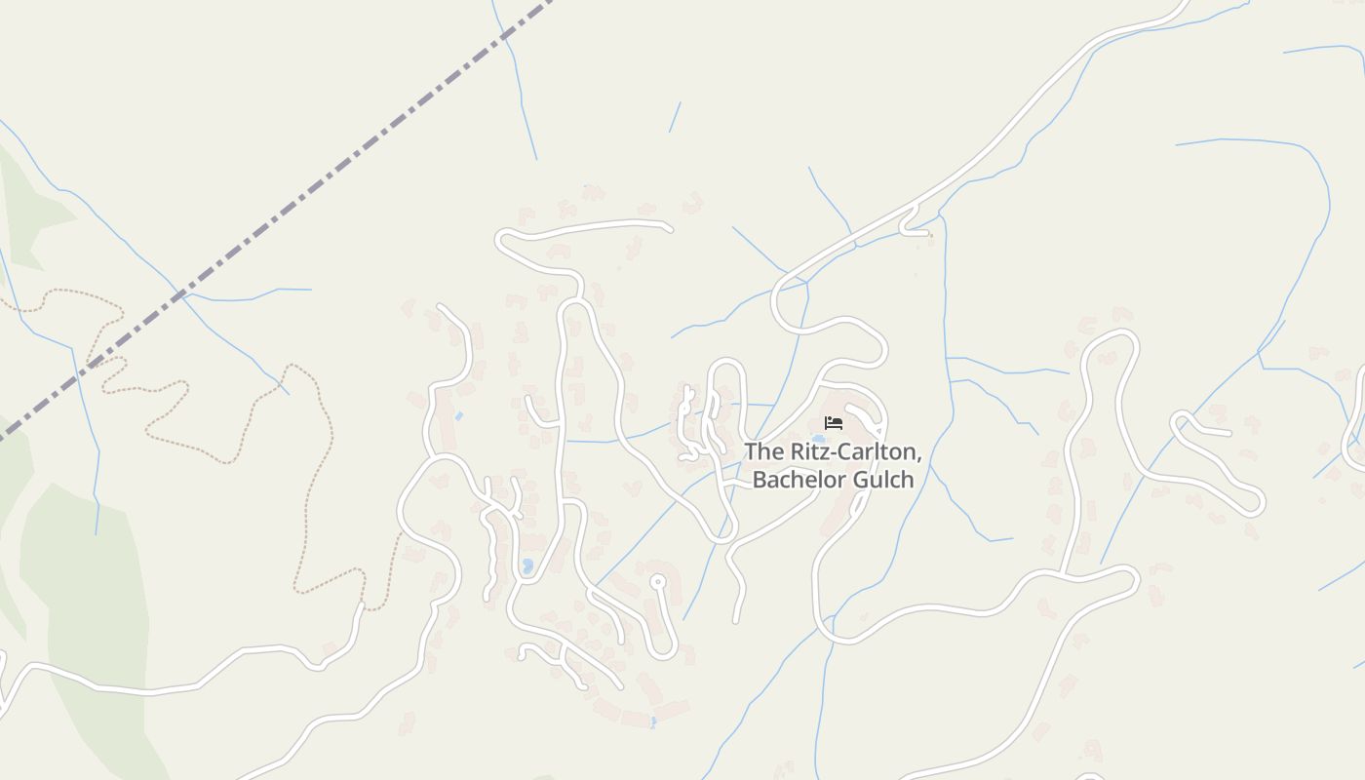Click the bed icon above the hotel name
pyautogui.click(x=833, y=423)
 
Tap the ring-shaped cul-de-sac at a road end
pyautogui.click(x=658, y=582)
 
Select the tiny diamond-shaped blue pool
pyautogui.click(x=458, y=416)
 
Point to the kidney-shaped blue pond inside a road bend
pyautogui.click(x=527, y=565)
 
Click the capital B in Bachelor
pyautogui.click(x=760, y=480)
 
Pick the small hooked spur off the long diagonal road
pyautogui.click(x=912, y=223)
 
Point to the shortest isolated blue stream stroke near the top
pyautogui.click(x=674, y=117)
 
